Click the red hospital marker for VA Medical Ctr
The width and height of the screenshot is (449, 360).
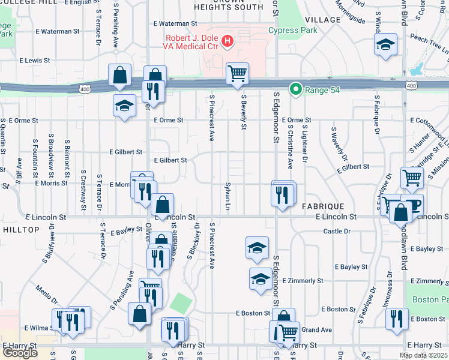click(x=228, y=41)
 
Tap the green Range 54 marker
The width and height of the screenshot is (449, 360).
click(x=295, y=89)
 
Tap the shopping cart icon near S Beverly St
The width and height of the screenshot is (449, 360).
click(x=238, y=74)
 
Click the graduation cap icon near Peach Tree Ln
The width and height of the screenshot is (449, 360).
click(x=386, y=44)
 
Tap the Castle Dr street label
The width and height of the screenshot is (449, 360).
click(x=336, y=231)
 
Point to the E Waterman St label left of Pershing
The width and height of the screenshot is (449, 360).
click(x=58, y=31)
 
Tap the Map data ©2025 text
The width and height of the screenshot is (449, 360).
click(x=423, y=355)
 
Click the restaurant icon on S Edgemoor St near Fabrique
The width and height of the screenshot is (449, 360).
click(x=283, y=194)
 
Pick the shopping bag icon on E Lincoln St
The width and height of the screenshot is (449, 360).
click(x=162, y=205)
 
